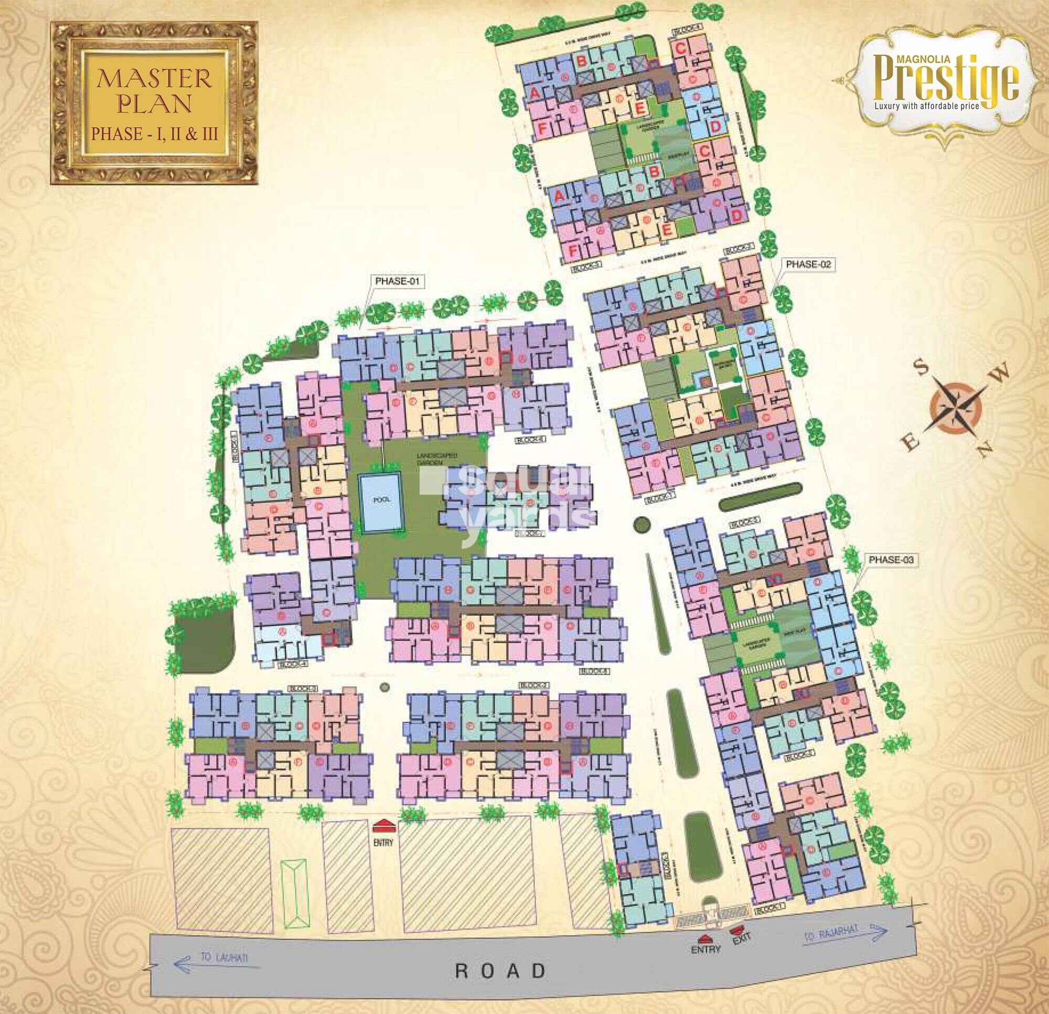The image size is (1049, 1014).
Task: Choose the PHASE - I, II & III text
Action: [x=155, y=134]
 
